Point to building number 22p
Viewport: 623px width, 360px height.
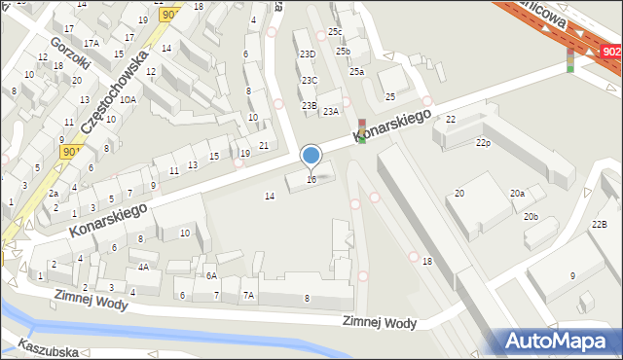click(483, 143)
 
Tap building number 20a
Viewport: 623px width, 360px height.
click(517, 194)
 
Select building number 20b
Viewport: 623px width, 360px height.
click(531, 216)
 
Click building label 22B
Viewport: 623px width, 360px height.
click(599, 226)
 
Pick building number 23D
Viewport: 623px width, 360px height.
click(308, 54)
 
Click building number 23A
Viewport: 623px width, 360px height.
click(331, 112)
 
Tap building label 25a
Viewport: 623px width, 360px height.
click(357, 71)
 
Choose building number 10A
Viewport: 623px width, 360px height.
click(128, 99)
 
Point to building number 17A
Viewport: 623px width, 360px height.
click(91, 43)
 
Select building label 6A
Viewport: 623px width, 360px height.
click(210, 275)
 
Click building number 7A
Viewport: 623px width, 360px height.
click(248, 295)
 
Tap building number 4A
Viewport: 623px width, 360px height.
click(143, 267)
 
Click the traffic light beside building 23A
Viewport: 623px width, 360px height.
click(362, 131)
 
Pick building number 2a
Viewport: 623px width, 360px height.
click(53, 194)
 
